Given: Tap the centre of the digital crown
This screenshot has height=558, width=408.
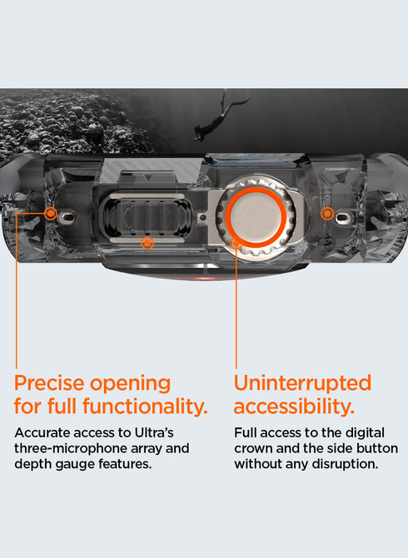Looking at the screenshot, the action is [x=256, y=217].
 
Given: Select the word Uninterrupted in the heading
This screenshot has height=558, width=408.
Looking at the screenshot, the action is [x=302, y=383].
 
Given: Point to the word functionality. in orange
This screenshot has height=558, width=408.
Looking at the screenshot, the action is [x=145, y=406].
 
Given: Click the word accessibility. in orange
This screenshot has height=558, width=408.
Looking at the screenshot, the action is [x=294, y=407].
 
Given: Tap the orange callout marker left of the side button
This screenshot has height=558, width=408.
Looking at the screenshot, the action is [x=51, y=214].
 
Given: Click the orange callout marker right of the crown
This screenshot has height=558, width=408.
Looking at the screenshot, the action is [x=327, y=214].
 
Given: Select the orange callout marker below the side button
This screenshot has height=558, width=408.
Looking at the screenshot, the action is [x=147, y=244].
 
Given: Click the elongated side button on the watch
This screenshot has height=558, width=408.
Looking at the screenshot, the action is [x=147, y=217].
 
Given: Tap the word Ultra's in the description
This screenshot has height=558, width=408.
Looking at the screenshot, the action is [x=154, y=432].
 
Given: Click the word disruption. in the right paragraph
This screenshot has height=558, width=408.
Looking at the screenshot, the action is [x=345, y=464].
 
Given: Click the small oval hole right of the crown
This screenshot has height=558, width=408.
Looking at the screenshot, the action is [x=342, y=216].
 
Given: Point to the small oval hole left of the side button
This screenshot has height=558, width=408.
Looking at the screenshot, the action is [x=67, y=216].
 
